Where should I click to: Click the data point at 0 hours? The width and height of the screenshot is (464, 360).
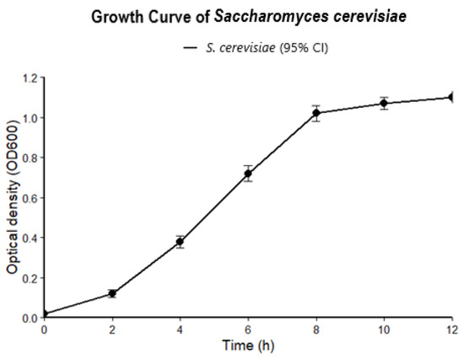coord(44,314)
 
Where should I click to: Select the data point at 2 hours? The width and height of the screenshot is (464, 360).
coord(112,293)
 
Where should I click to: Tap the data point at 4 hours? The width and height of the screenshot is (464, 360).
coord(180,242)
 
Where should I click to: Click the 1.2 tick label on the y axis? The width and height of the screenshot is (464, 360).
coord(30,78)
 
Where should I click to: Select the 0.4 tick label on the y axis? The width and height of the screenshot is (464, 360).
coord(30,238)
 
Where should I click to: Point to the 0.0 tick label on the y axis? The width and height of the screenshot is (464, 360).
coord(30,318)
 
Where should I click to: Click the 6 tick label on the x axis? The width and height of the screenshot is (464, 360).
coord(248,330)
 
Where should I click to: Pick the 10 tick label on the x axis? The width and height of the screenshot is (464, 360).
coord(384,330)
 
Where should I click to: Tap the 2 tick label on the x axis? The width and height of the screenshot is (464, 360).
coord(112,330)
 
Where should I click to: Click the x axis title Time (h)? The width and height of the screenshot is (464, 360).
coord(248,346)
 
